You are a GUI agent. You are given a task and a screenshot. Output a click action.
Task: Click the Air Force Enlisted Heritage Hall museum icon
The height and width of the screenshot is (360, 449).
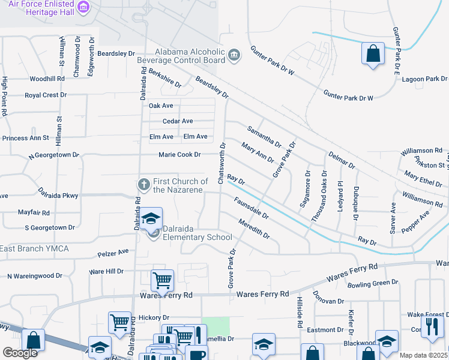tap(84, 8)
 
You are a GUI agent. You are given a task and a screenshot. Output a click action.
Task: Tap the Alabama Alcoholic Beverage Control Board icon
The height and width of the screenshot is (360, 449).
tap(234, 56)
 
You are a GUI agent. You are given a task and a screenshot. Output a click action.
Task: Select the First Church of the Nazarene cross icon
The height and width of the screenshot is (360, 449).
tap(143, 183)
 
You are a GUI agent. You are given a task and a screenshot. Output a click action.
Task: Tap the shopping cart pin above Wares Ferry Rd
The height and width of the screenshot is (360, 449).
tap(163, 280)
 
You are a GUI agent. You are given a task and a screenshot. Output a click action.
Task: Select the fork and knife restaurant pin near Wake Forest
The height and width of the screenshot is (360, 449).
tap(431, 326)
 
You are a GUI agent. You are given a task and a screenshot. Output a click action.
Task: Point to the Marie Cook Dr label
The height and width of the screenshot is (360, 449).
tap(179, 155)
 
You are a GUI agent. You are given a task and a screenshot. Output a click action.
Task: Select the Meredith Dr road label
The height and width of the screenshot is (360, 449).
tap(254, 227)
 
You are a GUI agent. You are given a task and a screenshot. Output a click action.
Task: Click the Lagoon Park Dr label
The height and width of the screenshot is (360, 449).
tap(425, 79)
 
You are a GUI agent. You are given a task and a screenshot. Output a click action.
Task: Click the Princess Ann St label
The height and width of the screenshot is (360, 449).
tap(25, 138)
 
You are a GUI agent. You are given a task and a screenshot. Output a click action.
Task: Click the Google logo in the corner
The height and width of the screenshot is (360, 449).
tap(20, 353)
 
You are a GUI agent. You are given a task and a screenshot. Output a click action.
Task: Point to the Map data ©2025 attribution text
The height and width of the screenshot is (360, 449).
tap(424, 355)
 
